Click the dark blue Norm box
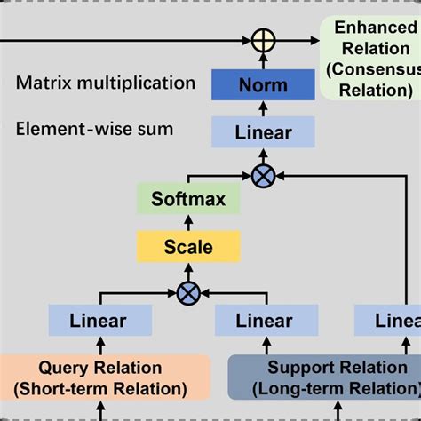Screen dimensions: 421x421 [x=263, y=85]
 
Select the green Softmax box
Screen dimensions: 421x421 [x=187, y=199]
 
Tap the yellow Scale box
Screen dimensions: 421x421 [x=187, y=246]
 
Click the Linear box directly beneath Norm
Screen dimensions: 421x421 [x=263, y=132]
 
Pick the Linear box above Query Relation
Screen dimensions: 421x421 [x=99, y=321]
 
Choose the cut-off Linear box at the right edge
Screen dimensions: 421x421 [x=389, y=321]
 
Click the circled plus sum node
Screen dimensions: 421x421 [x=263, y=41]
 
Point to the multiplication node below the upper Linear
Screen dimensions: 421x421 [x=263, y=176]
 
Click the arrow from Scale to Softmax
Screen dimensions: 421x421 [x=187, y=223]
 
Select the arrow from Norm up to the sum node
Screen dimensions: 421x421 [x=263, y=61]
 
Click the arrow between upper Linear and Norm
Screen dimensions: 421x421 [x=263, y=108]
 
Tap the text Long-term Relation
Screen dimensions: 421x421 [x=336, y=388]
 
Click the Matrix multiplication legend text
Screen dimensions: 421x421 [x=105, y=83]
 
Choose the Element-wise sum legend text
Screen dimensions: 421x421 [x=94, y=130]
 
